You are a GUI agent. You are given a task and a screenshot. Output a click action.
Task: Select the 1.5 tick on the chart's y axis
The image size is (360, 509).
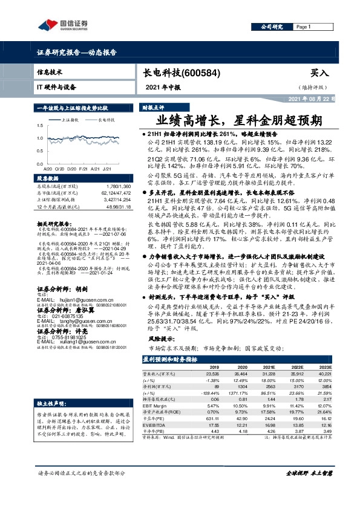39,126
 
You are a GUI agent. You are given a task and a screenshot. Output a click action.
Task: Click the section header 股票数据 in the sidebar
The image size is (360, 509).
49,178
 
